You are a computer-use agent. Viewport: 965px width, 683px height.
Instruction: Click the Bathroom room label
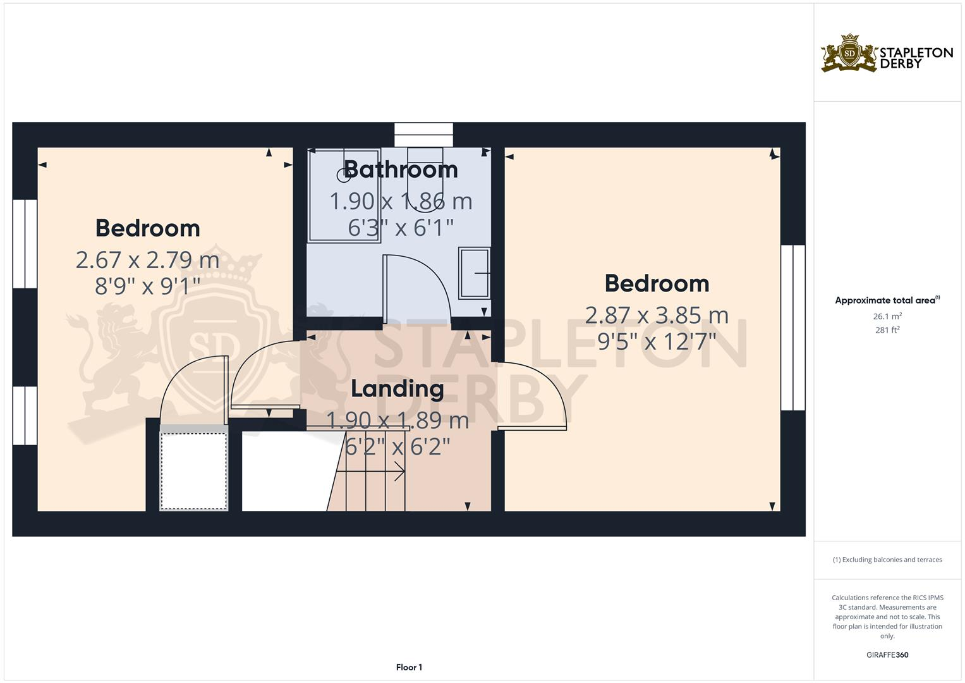tap(401, 169)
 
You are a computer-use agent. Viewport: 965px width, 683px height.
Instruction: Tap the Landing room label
tap(397, 388)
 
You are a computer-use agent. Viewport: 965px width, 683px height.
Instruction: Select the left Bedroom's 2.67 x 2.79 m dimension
tap(147, 260)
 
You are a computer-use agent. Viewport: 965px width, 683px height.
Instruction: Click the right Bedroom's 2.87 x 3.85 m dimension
tap(657, 315)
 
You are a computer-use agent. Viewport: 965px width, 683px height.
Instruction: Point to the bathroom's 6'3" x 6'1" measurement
tap(401, 228)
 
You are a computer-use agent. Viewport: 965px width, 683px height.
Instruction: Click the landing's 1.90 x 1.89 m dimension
tap(397, 420)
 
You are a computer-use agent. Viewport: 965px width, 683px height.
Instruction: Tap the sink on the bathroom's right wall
tap(474, 273)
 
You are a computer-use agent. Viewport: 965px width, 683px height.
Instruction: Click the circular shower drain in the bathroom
tap(344, 175)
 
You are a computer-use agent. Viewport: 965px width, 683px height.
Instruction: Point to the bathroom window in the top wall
tap(423, 135)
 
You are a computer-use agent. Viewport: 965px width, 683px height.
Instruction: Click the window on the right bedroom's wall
tap(792, 328)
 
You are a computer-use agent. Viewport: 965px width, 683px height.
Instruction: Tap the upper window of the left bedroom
tap(25, 243)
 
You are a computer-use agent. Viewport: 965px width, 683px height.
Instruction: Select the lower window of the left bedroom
tap(25, 415)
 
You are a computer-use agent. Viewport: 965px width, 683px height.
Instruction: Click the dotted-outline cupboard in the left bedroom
tap(193, 471)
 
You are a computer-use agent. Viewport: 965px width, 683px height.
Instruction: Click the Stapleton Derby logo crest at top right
tap(849, 54)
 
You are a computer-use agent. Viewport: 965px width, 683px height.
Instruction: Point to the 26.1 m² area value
tap(887, 316)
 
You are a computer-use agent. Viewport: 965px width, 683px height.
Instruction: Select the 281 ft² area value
tap(887, 329)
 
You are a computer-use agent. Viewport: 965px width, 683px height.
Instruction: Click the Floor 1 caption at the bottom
tap(409, 667)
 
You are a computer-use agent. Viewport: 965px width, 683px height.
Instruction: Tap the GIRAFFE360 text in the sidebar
tap(887, 655)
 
